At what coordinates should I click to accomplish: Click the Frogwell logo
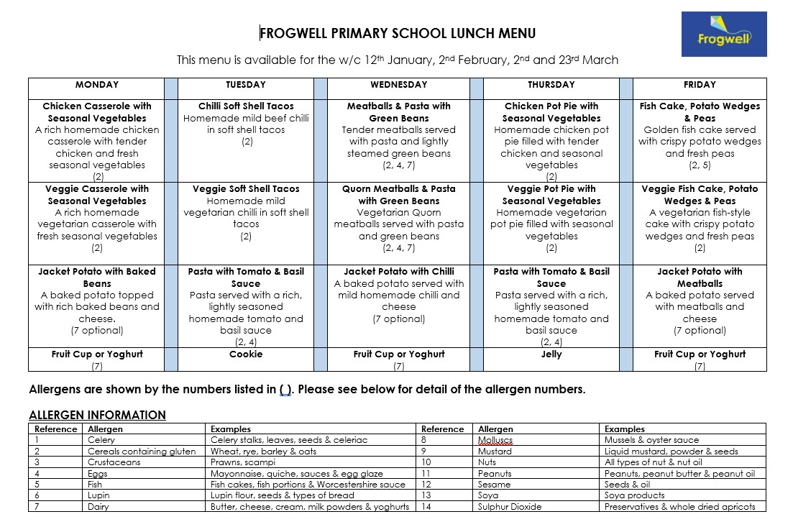pyautogui.click(x=723, y=34)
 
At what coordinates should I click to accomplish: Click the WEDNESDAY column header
pyautogui.click(x=398, y=85)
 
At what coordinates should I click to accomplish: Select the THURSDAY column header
pyautogui.click(x=551, y=85)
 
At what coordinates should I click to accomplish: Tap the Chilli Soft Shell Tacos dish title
pyautogui.click(x=246, y=106)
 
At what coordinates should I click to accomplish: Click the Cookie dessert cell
pyautogui.click(x=246, y=354)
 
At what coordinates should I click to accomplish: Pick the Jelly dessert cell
pyautogui.click(x=551, y=354)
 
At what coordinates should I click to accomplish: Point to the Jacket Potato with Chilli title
pyautogui.click(x=398, y=272)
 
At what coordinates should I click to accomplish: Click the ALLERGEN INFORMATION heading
pyautogui.click(x=97, y=415)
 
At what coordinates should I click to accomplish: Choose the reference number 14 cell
pyautogui.click(x=426, y=507)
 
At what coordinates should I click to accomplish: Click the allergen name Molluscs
pyautogui.click(x=495, y=440)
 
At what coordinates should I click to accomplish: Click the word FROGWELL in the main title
pyautogui.click(x=288, y=34)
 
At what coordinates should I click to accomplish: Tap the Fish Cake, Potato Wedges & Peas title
pyautogui.click(x=700, y=112)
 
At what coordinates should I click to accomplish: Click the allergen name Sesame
pyautogui.click(x=495, y=485)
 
